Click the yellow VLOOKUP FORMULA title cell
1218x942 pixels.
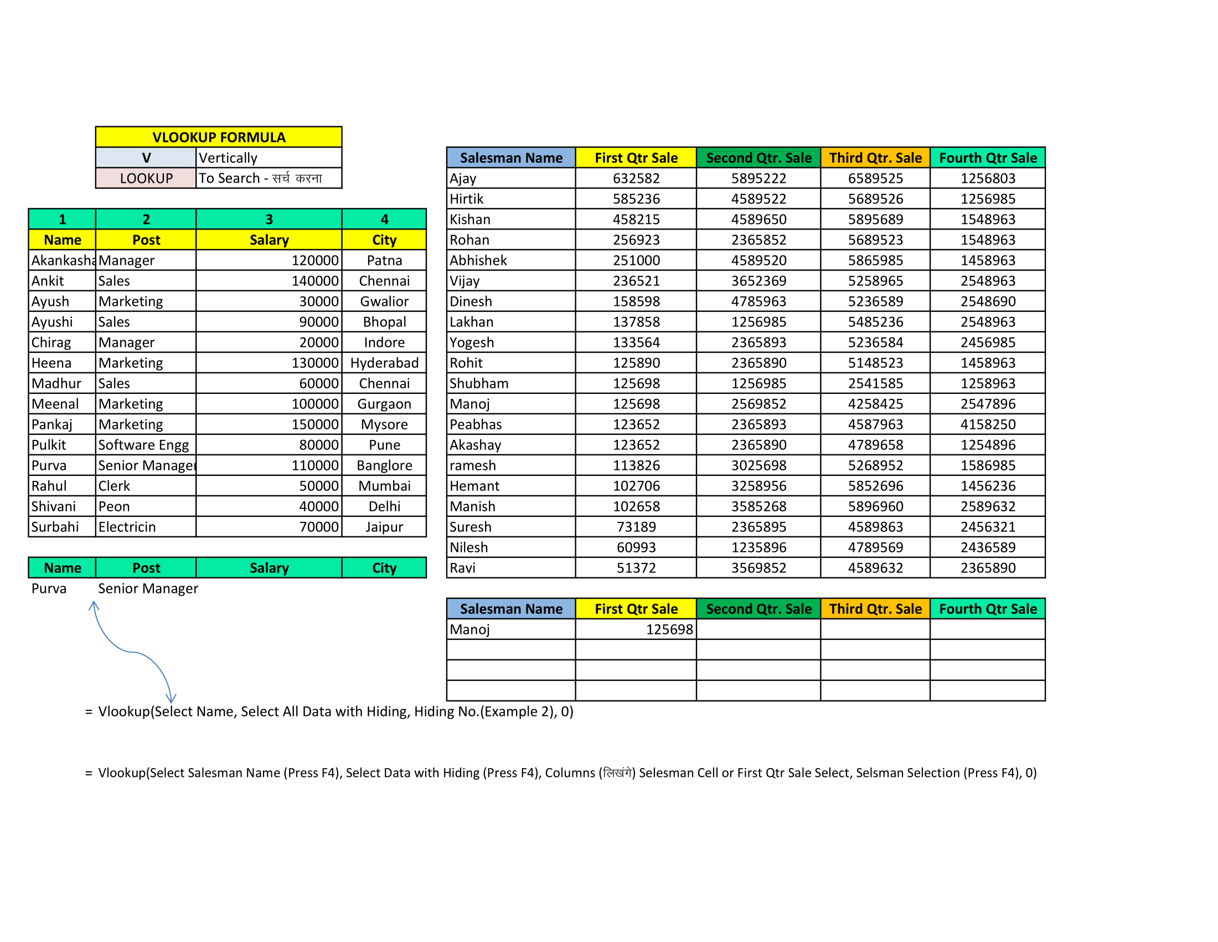point(219,137)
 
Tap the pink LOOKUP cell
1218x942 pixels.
point(146,178)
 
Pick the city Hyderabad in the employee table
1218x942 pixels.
point(384,364)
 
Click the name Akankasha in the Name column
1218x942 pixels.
point(63,260)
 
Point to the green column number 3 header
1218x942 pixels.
point(269,219)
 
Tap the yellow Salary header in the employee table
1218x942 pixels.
point(269,240)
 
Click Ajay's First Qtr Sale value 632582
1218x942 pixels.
point(636,178)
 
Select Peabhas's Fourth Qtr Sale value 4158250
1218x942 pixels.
point(988,424)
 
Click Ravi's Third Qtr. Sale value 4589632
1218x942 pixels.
point(875,568)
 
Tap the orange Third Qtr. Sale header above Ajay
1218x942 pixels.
point(875,158)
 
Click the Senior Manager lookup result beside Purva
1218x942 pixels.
point(148,588)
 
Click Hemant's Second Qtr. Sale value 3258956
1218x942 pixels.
point(758,486)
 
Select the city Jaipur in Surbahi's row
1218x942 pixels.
point(384,528)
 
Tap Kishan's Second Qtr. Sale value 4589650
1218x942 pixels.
point(758,219)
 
